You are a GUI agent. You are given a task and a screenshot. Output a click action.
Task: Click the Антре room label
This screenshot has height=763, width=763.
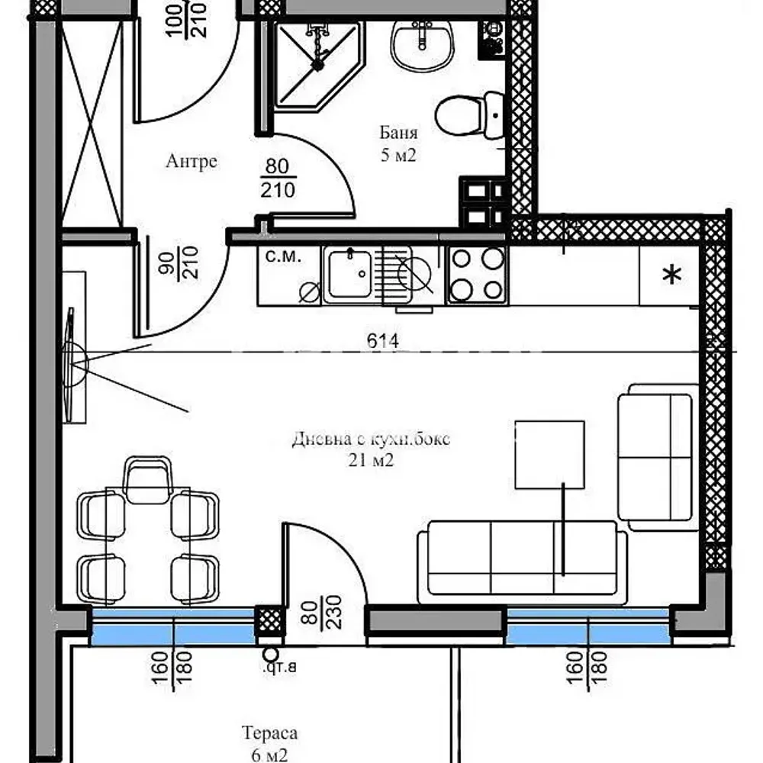click(x=191, y=161)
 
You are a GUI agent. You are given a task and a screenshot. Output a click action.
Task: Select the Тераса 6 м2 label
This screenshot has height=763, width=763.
click(x=269, y=743)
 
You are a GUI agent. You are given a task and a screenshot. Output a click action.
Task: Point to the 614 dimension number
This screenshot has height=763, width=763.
click(x=382, y=342)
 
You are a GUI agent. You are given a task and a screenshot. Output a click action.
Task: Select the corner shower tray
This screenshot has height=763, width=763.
click(x=314, y=65)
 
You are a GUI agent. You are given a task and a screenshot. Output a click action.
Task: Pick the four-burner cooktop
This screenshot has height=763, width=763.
click(x=476, y=275)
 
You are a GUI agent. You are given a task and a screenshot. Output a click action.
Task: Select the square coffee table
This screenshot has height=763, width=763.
click(x=549, y=454)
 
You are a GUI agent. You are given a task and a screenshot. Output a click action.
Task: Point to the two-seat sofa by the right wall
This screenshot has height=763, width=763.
click(x=656, y=458)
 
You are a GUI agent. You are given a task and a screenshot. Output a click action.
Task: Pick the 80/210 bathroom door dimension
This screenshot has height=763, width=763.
click(x=277, y=178)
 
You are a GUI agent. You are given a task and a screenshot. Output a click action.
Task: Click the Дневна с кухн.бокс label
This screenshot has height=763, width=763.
click(x=371, y=449)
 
